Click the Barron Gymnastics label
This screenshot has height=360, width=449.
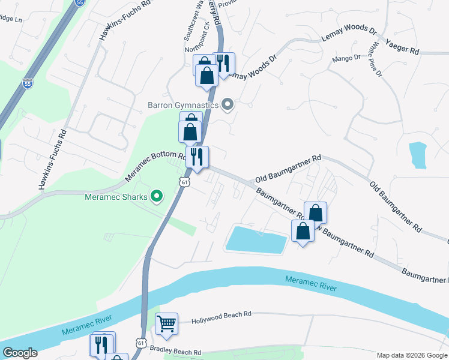(x=183, y=105)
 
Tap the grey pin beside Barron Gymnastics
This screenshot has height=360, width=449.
(x=228, y=105)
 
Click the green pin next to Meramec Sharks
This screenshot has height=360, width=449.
(x=157, y=196)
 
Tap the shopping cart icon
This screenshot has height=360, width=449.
(x=167, y=324)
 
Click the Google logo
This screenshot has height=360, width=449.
(x=20, y=353)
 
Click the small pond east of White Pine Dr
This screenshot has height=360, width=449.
(x=417, y=154)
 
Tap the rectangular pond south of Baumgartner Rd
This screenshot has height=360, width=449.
(x=256, y=241)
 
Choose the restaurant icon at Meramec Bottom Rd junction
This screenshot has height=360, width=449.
(x=197, y=157)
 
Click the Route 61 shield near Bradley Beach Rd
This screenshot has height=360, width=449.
(x=140, y=342)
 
